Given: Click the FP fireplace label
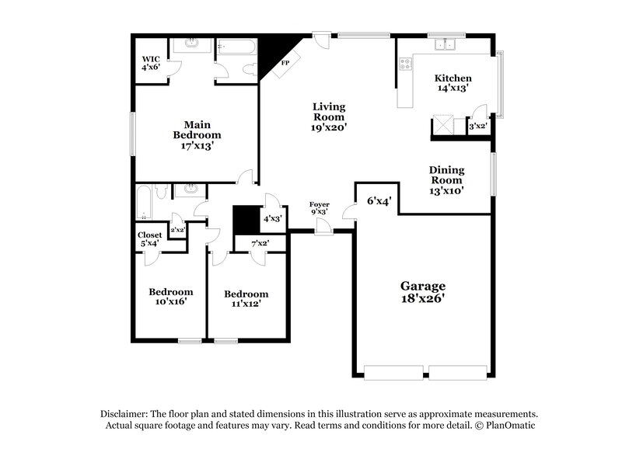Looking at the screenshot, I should (285, 62).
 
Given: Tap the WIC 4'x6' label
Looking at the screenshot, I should (150, 64).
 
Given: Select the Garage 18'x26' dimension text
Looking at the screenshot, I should (424, 292).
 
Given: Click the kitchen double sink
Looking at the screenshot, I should (446, 44).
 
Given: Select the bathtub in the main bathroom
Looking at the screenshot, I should (236, 47).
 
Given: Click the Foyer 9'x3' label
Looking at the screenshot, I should (320, 208).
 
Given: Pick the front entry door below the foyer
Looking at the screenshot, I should (324, 227).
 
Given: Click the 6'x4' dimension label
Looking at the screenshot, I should (379, 201).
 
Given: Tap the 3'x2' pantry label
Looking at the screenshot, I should (477, 126).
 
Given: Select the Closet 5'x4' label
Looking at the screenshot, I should (149, 239).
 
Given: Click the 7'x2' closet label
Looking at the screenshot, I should (260, 244).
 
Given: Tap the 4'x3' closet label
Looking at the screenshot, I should (272, 219).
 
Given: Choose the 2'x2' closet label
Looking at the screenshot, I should (177, 229).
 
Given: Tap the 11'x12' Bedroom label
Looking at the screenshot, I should (246, 299).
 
